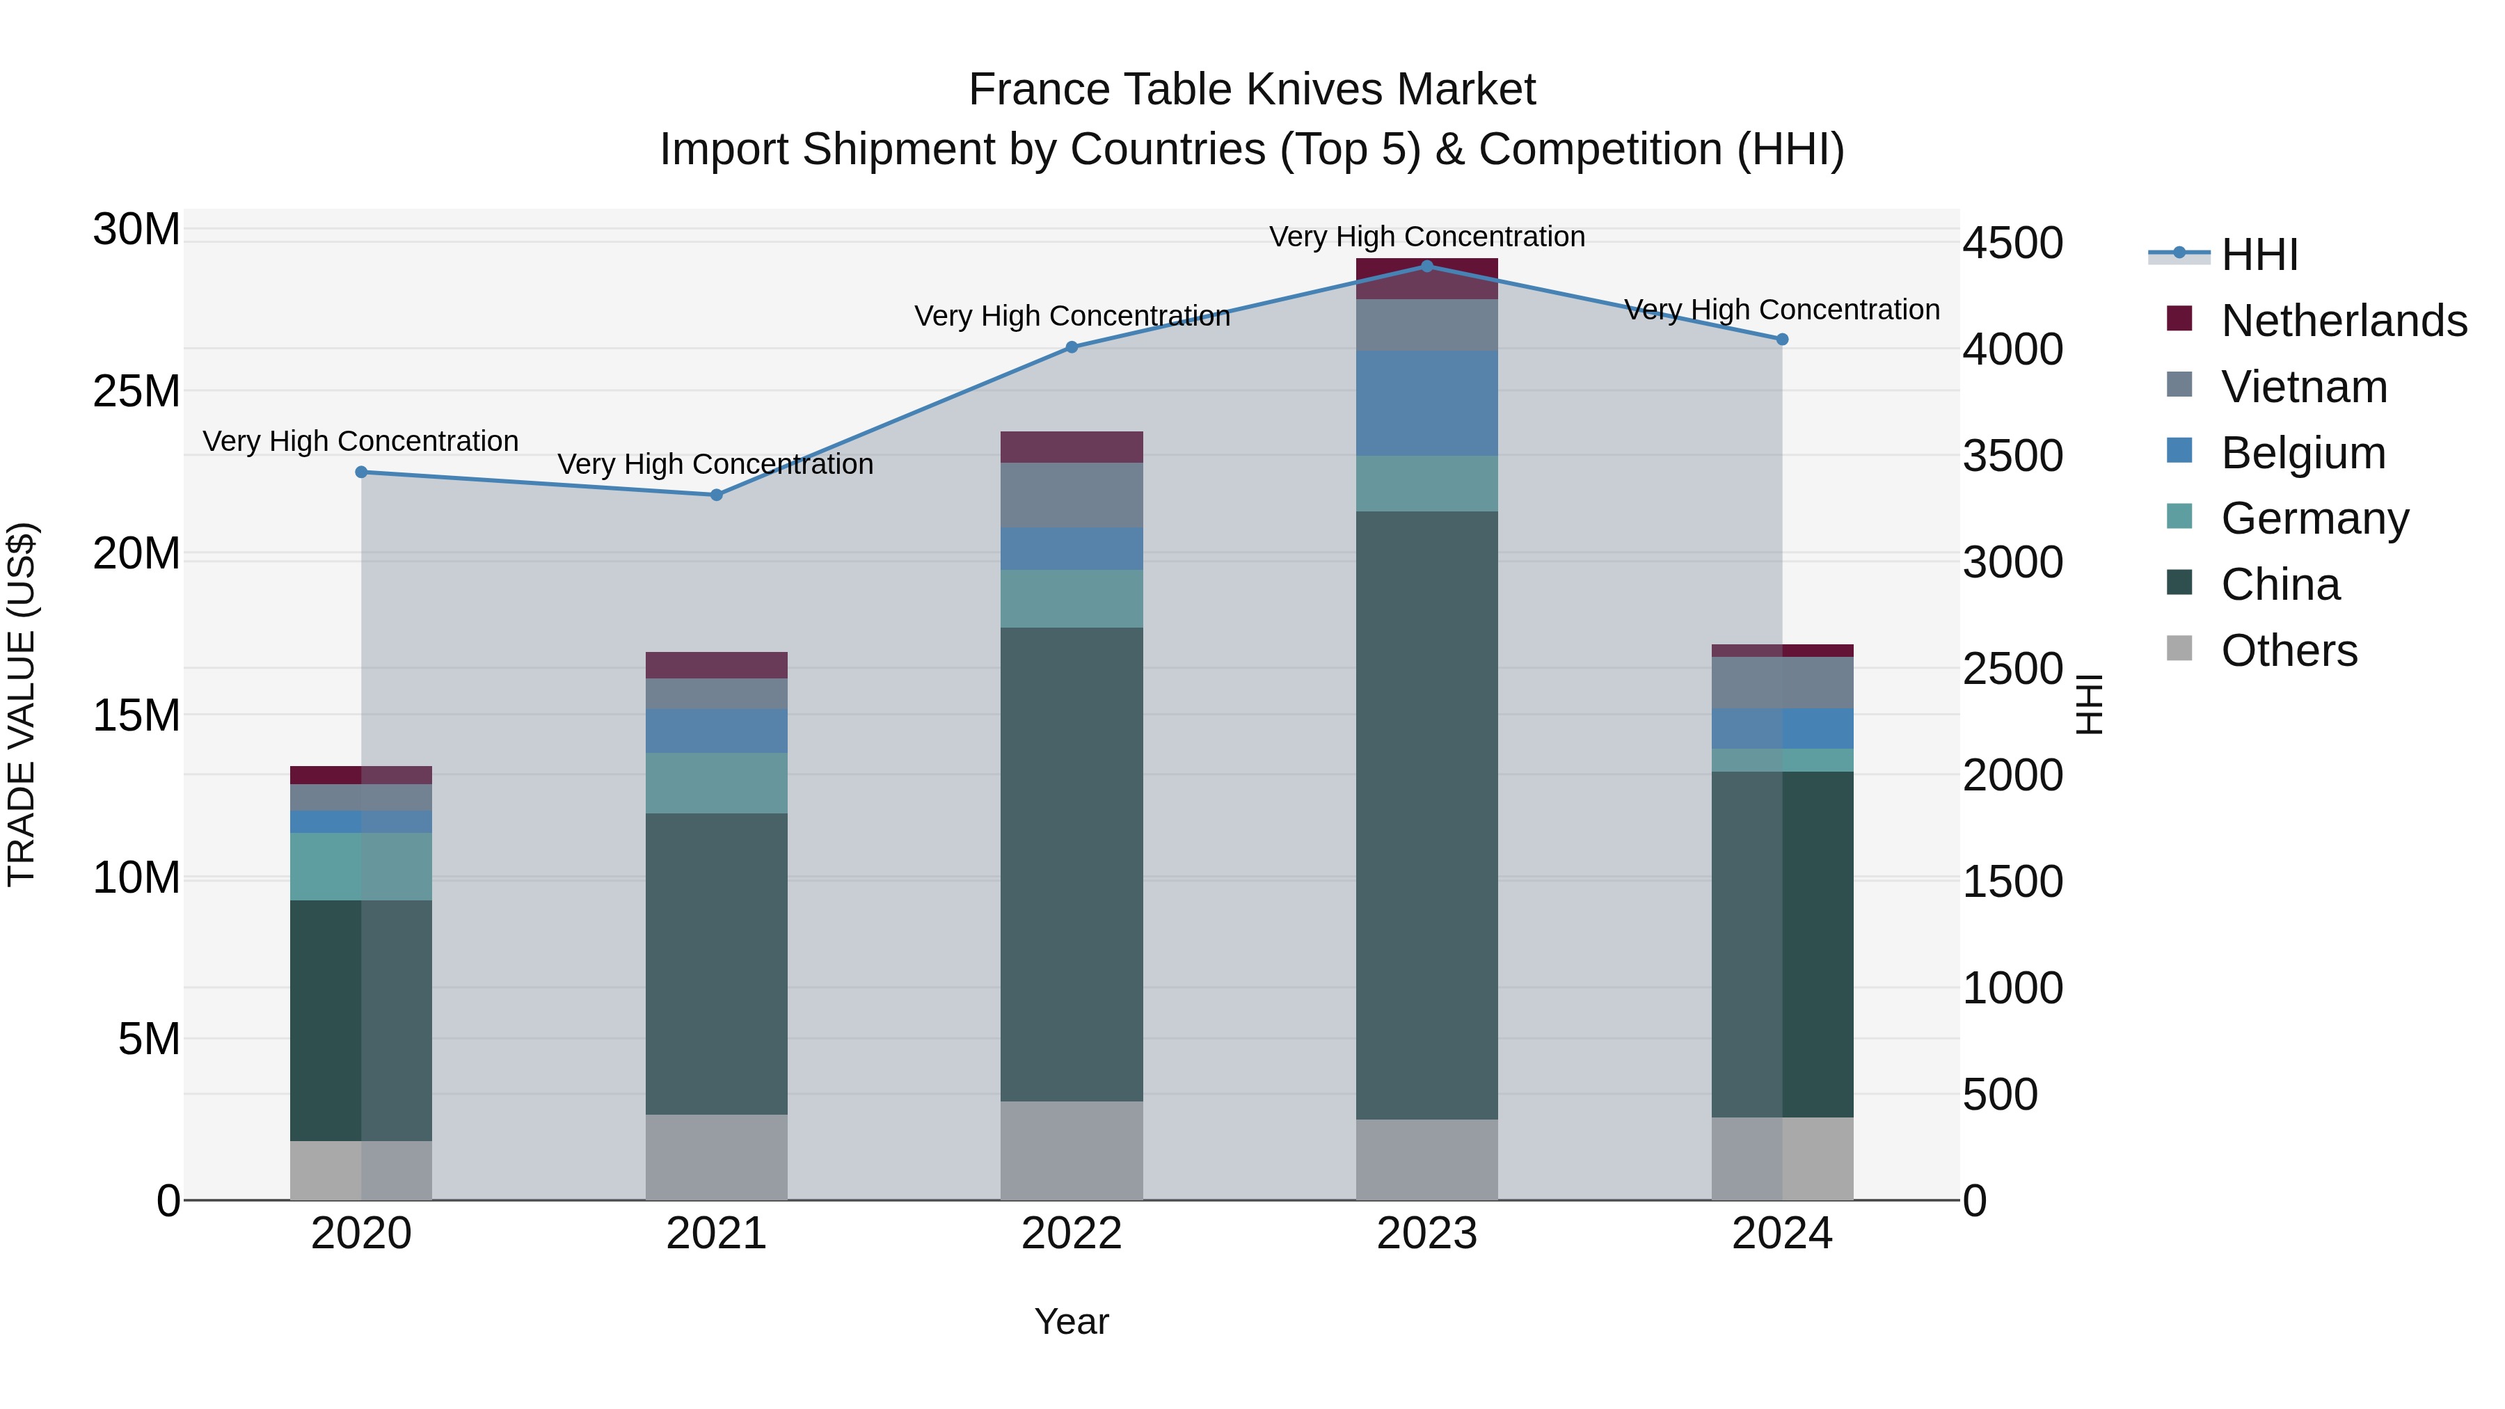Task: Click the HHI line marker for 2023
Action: (1426, 266)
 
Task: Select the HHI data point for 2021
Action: (717, 495)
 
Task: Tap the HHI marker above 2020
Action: (362, 472)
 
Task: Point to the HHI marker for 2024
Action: (1781, 340)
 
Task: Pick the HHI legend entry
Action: (2259, 255)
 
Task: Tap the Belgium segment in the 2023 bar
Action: (1426, 403)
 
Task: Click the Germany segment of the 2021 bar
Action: (717, 783)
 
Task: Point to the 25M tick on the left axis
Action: (136, 392)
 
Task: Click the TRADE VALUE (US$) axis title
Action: (22, 704)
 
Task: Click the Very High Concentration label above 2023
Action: (1426, 237)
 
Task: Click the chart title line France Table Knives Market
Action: (1252, 90)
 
